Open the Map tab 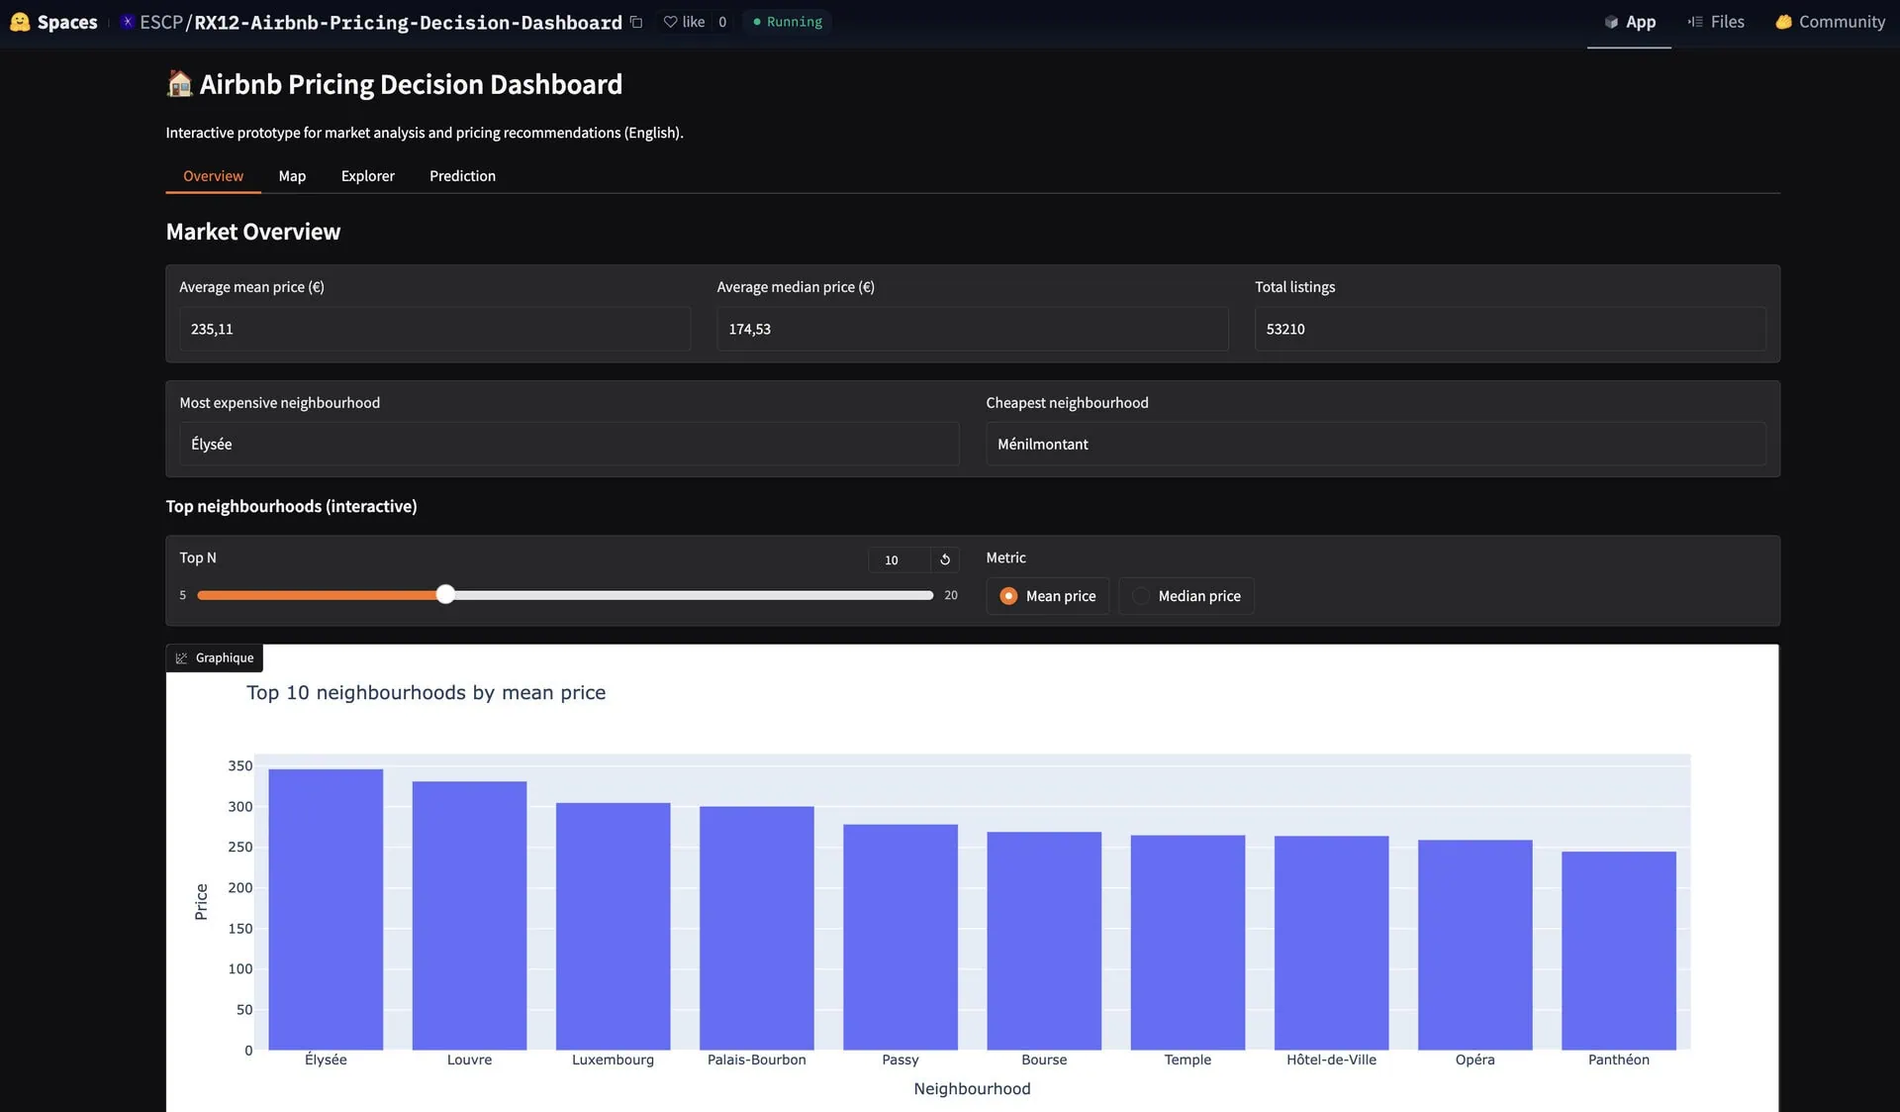coord(292,176)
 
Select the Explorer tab coord(367,176)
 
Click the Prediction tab coord(462,176)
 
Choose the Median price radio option coord(1142,596)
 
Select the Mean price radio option coord(1008,596)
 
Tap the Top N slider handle coord(445,594)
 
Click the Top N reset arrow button coord(945,560)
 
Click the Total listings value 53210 coord(1285,329)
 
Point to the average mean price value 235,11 coord(212,329)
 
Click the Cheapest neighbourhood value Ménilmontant coord(1042,445)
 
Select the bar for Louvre coord(469,915)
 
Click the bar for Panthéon coord(1618,950)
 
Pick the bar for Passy coord(900,937)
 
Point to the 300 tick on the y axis coord(240,807)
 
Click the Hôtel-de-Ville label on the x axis coord(1331,1060)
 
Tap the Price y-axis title coord(201,902)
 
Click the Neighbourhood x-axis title coord(972,1089)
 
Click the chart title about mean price coord(426,693)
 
